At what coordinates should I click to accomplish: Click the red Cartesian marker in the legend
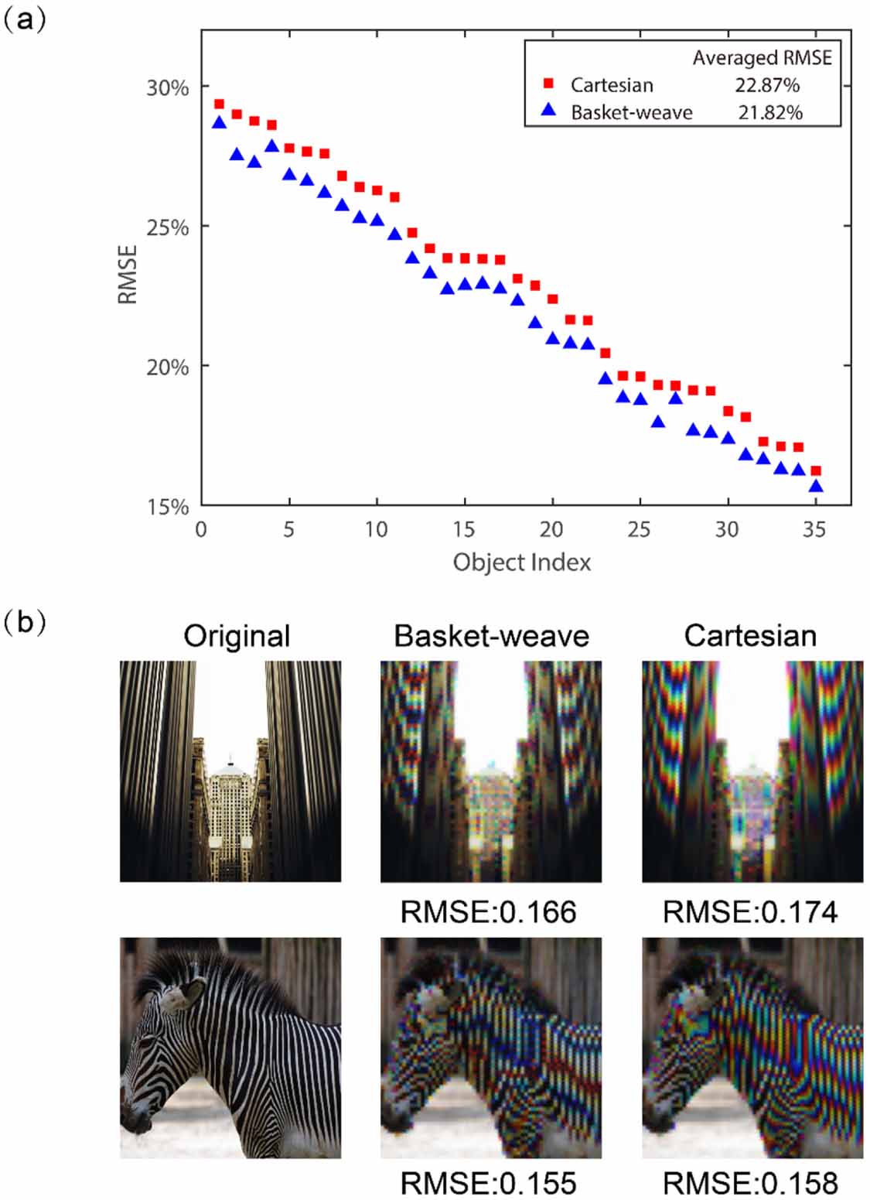549,84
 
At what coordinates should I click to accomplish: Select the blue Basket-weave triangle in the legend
549,111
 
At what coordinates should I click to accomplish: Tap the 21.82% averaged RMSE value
769,112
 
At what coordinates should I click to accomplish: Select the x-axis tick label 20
551,529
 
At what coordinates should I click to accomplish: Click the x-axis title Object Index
521,562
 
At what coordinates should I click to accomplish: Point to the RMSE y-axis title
128,274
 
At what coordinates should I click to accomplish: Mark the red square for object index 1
219,104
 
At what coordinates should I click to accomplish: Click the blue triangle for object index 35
815,486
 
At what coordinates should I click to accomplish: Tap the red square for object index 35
815,470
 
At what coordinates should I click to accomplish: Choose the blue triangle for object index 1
219,122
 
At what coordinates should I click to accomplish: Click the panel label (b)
25,622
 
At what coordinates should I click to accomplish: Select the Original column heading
237,636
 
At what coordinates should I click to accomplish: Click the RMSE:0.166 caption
488,912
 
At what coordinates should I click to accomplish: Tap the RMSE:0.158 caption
750,1183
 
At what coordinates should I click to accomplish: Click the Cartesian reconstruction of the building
752,771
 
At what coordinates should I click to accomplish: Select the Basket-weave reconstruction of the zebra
490,1048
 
